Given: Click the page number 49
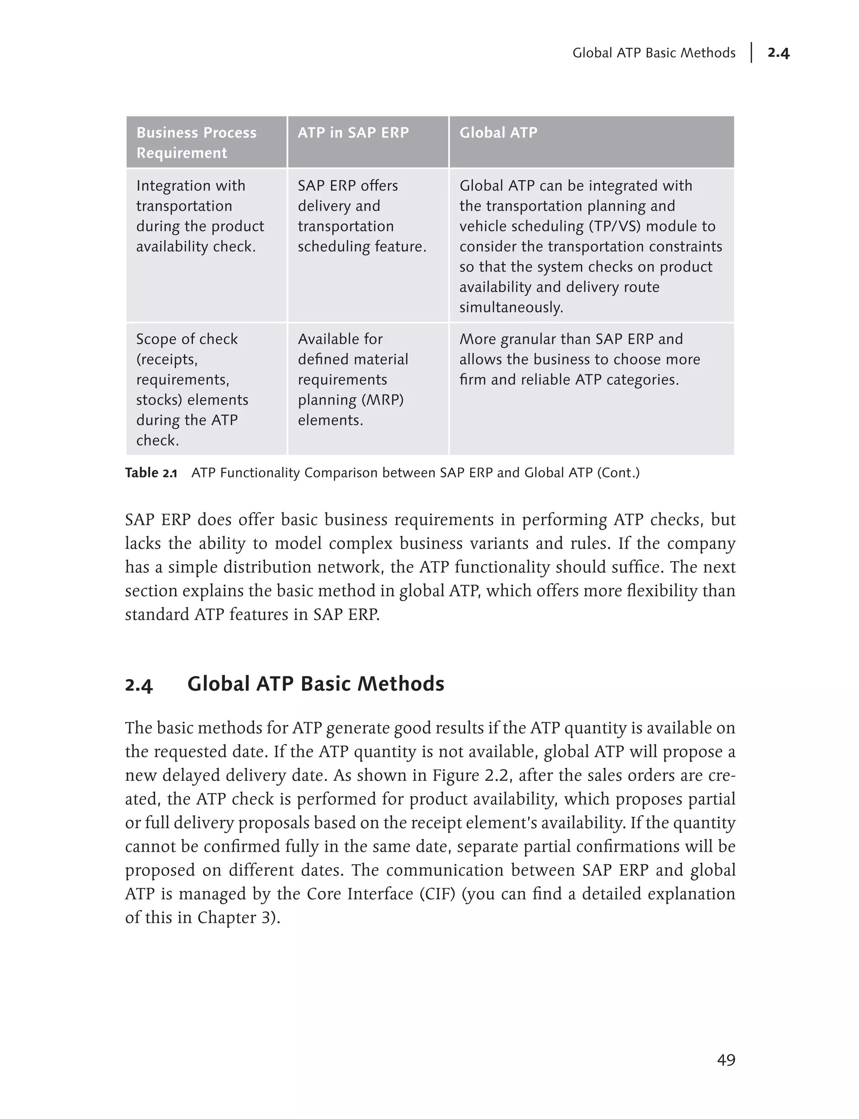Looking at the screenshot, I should point(726,1060).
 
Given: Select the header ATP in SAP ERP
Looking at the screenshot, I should point(353,132).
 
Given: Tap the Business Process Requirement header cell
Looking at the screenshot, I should point(196,142).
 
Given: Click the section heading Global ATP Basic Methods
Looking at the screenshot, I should point(315,684).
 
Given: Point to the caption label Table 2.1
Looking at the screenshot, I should point(151,473).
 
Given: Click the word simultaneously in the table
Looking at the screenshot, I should point(511,307).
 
